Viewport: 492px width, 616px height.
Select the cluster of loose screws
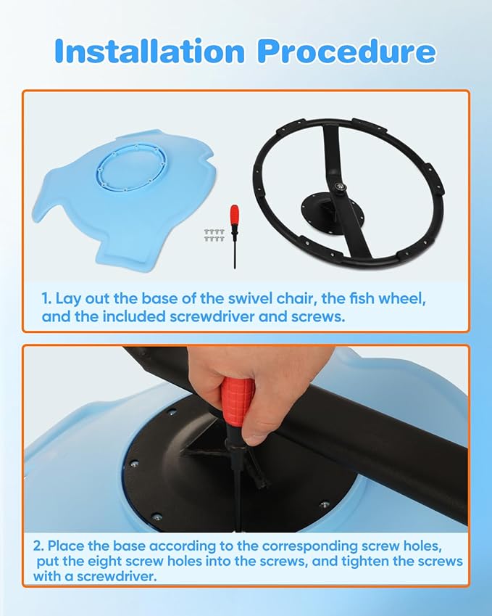pos(214,233)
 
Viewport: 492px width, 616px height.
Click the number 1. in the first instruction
pos(47,300)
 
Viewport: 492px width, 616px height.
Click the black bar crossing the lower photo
pos(406,450)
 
